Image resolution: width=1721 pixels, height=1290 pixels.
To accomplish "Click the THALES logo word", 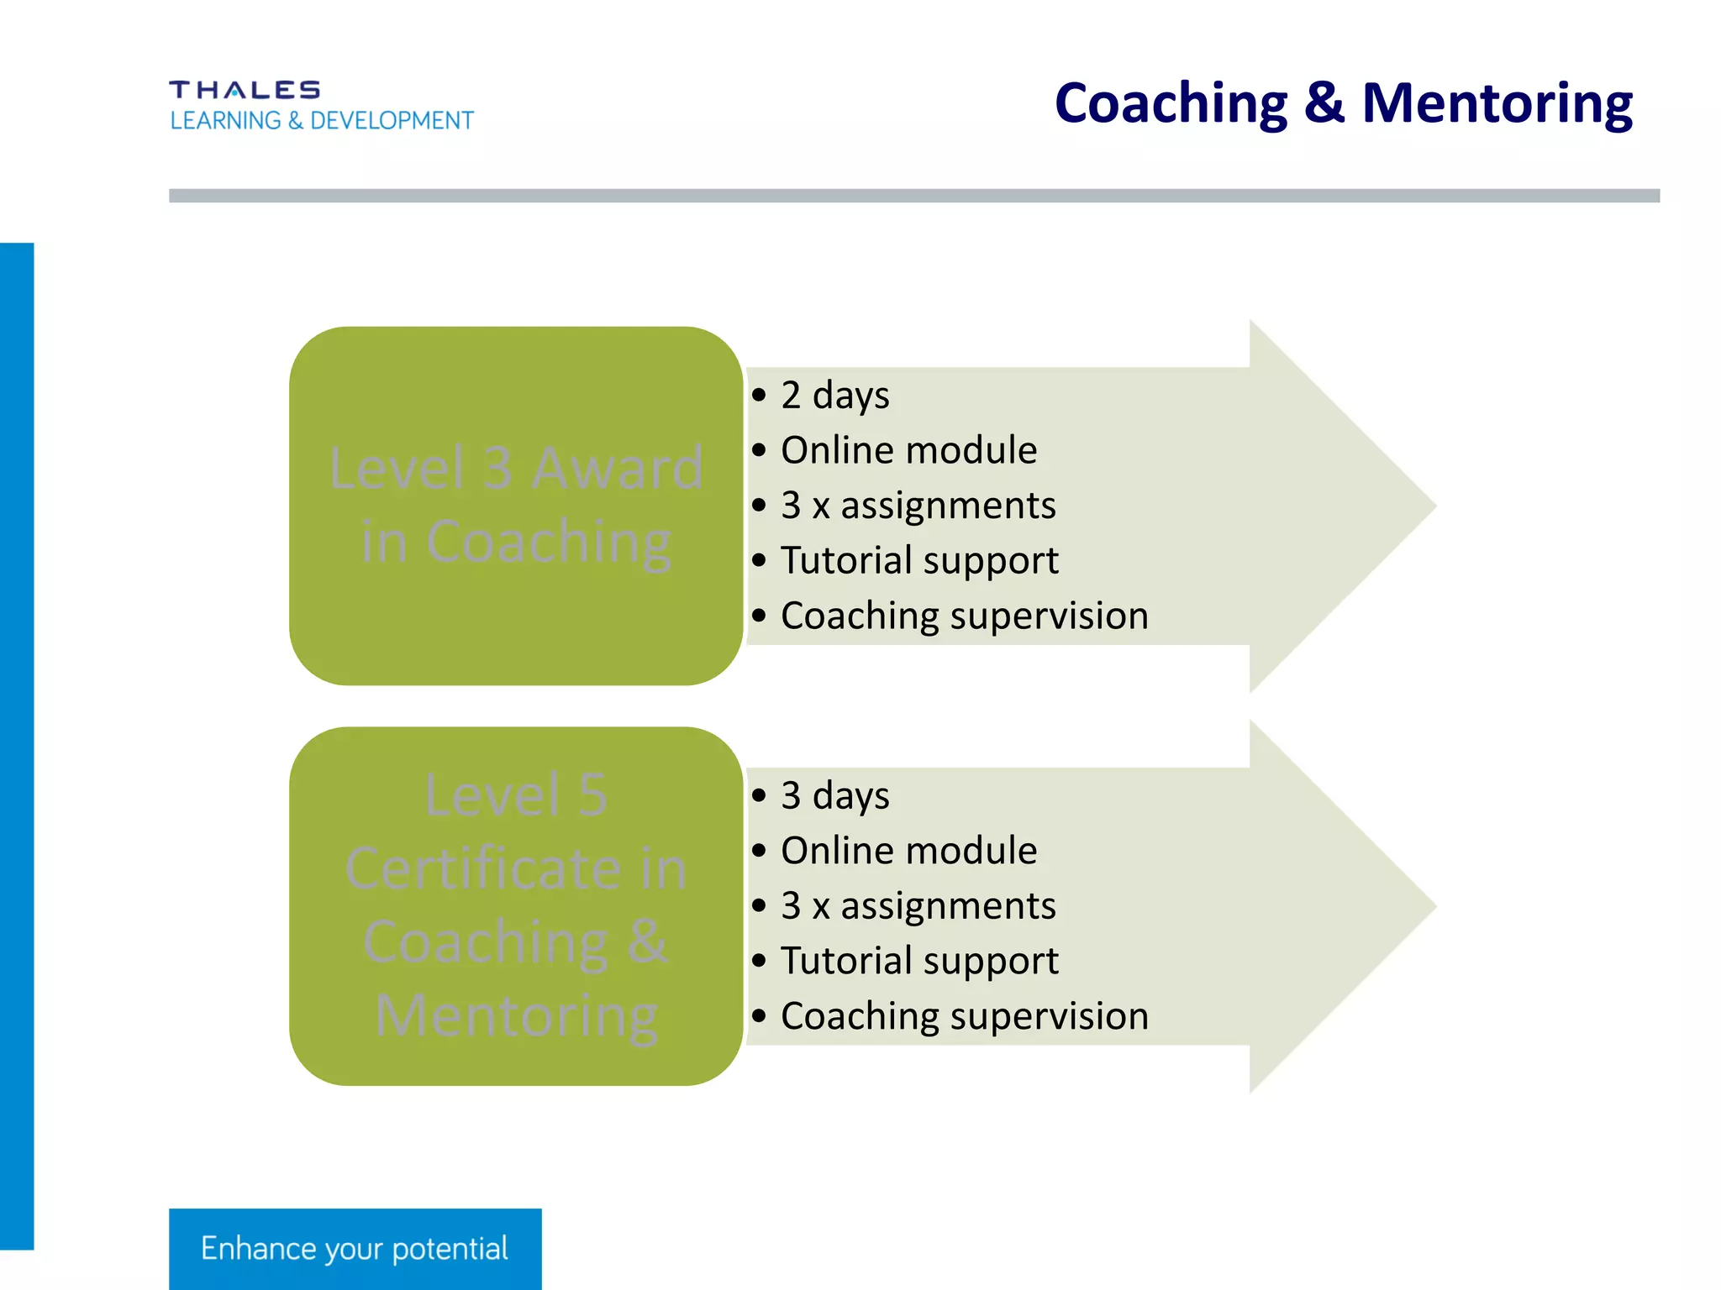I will pyautogui.click(x=244, y=90).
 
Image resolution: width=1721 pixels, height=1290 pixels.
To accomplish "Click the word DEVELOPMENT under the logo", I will pyautogui.click(x=392, y=121).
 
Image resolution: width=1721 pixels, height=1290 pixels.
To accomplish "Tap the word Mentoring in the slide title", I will pyautogui.click(x=1497, y=104).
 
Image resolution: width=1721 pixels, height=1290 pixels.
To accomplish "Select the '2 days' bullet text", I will pyautogui.click(x=834, y=396).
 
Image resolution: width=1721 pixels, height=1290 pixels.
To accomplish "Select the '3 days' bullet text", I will pyautogui.click(x=834, y=796).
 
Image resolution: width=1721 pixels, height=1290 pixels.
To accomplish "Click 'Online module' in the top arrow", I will pyautogui.click(x=908, y=450).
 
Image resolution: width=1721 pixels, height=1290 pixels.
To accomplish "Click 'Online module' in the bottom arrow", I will pyautogui.click(x=908, y=851).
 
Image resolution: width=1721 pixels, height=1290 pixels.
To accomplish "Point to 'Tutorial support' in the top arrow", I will pyautogui.click(x=919, y=561).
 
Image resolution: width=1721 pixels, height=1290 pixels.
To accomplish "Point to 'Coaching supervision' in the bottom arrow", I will pyautogui.click(x=964, y=1016).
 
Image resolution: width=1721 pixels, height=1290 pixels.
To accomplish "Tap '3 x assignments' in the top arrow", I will pyautogui.click(x=918, y=506).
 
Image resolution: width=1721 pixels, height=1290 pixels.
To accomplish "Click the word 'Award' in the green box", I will pyautogui.click(x=618, y=468).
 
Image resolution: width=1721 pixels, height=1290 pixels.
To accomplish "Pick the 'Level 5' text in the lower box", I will pyautogui.click(x=516, y=794).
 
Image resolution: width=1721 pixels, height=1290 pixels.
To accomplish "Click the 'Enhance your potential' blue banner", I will pyautogui.click(x=355, y=1249).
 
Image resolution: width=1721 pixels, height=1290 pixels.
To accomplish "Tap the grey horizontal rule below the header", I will pyautogui.click(x=913, y=196).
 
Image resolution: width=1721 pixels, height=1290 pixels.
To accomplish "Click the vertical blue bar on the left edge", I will pyautogui.click(x=17, y=746).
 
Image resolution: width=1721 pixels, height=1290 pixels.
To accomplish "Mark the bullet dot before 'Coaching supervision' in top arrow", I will pyautogui.click(x=760, y=616).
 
